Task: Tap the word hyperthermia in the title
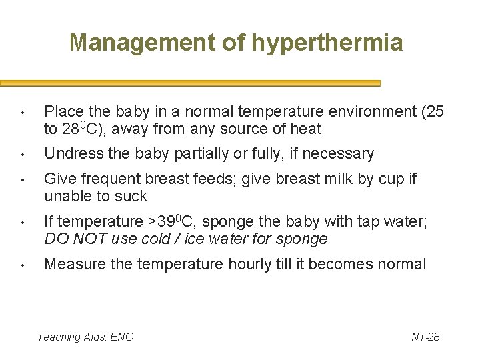click(327, 43)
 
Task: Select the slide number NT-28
click(425, 337)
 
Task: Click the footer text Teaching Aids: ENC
click(85, 337)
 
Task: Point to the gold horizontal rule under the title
click(190, 83)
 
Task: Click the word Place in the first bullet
click(62, 111)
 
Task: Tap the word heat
click(306, 129)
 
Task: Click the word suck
click(132, 197)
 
